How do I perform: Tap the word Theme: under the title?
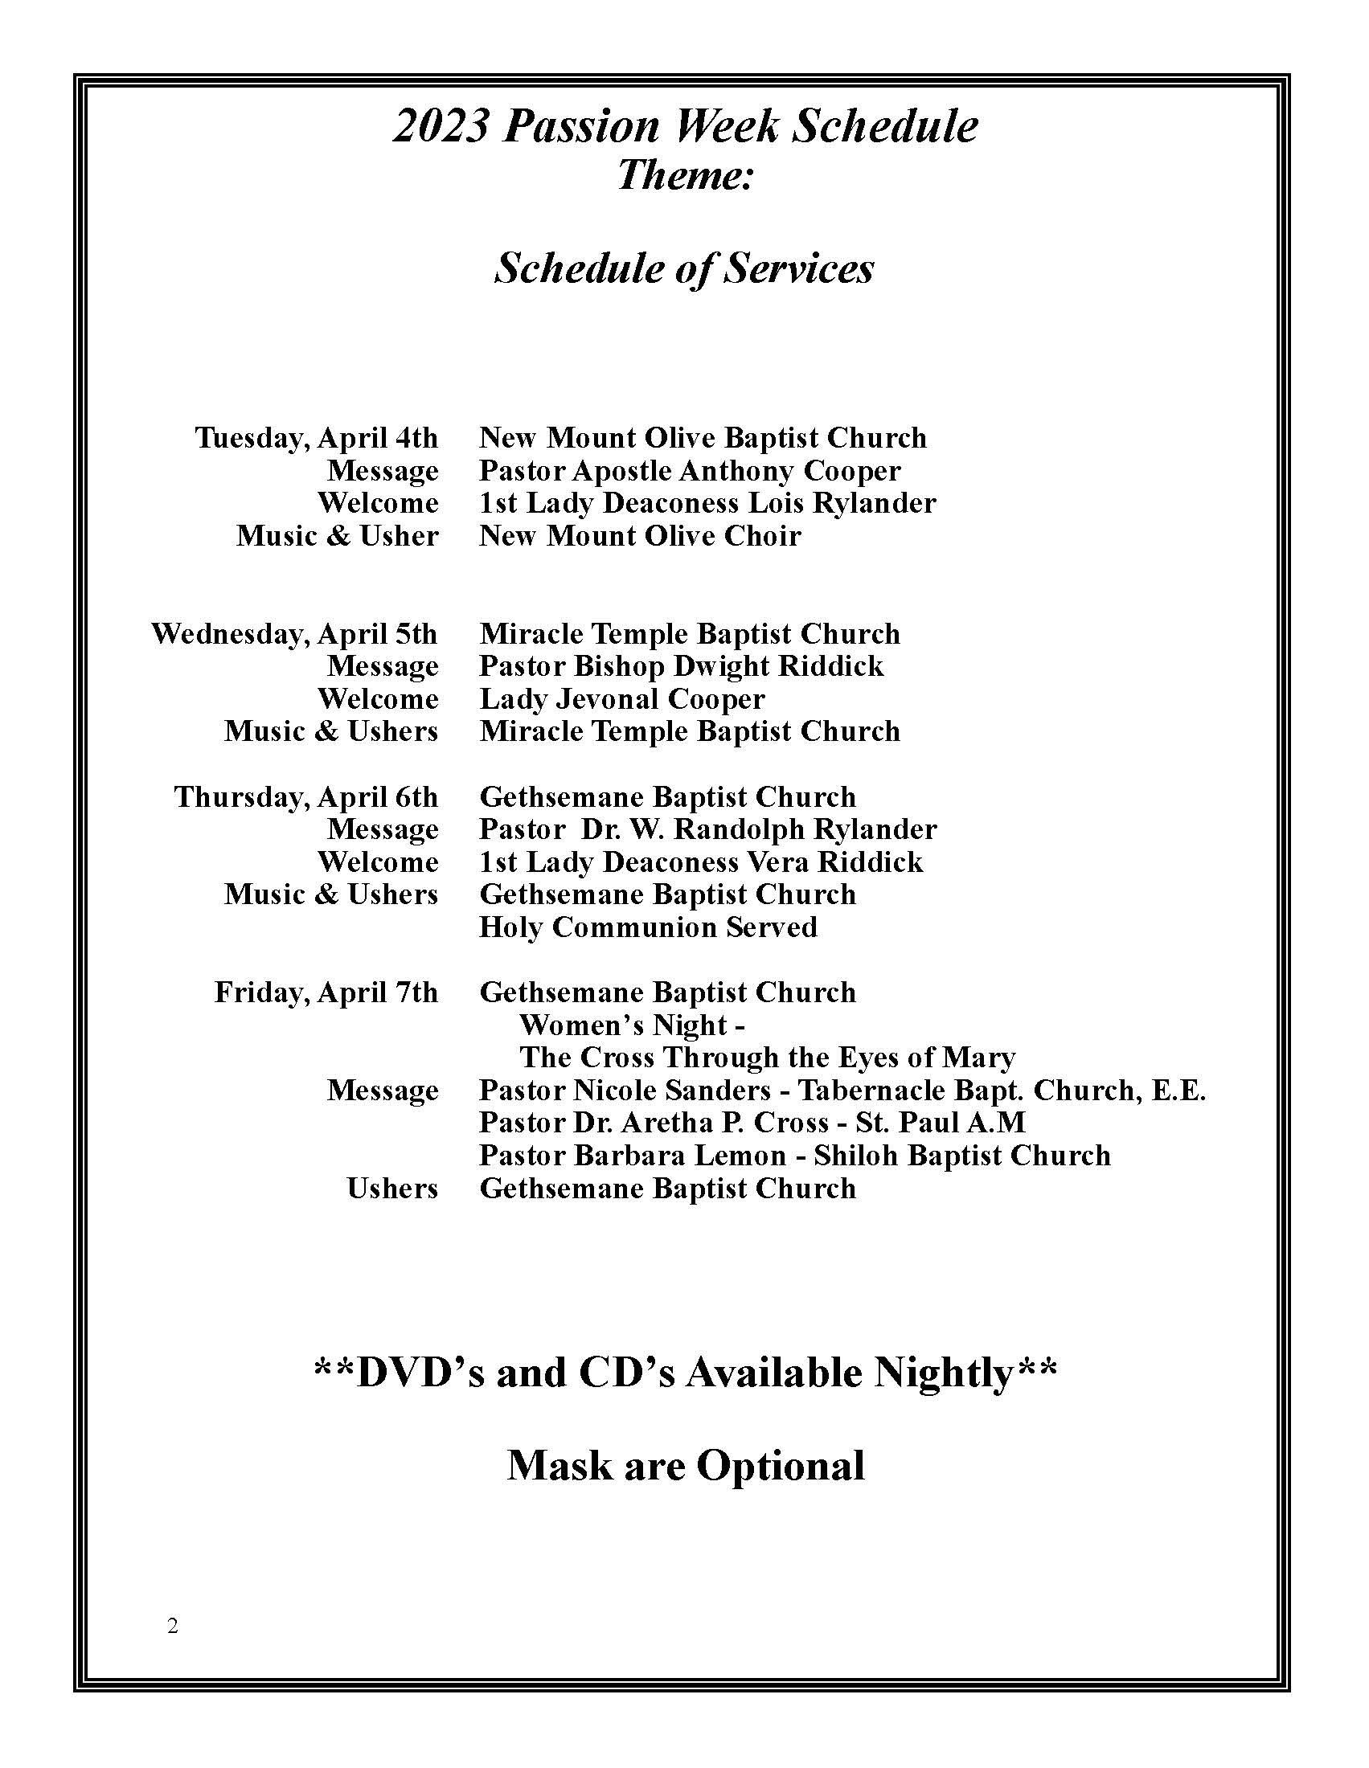(x=685, y=175)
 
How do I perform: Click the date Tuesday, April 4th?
(x=317, y=438)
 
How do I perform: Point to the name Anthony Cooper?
(x=789, y=470)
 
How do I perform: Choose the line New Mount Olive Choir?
(x=640, y=536)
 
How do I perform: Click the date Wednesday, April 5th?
(x=295, y=634)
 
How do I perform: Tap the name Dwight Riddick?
(x=779, y=666)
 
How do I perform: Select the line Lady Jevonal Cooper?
(x=621, y=698)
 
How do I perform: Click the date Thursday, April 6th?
(x=306, y=797)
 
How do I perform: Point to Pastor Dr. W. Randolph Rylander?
(x=707, y=830)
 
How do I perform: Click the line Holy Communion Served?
(x=648, y=927)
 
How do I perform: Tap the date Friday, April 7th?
(x=326, y=992)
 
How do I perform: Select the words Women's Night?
(x=623, y=1025)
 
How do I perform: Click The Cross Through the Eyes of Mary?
(x=767, y=1058)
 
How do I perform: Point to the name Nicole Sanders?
(x=671, y=1091)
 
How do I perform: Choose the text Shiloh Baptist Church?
(x=961, y=1156)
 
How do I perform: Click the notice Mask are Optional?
(x=685, y=1466)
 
